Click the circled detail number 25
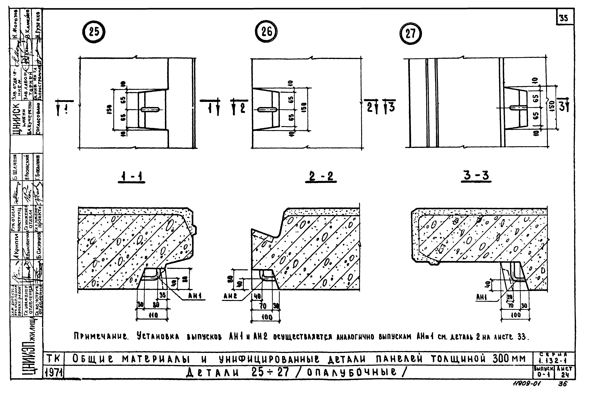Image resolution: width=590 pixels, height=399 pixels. tap(94, 32)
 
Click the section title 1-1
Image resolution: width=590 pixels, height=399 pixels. tap(131, 177)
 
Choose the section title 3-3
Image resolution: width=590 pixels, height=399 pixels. tap(476, 175)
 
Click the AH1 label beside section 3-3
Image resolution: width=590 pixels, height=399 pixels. tap(481, 298)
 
